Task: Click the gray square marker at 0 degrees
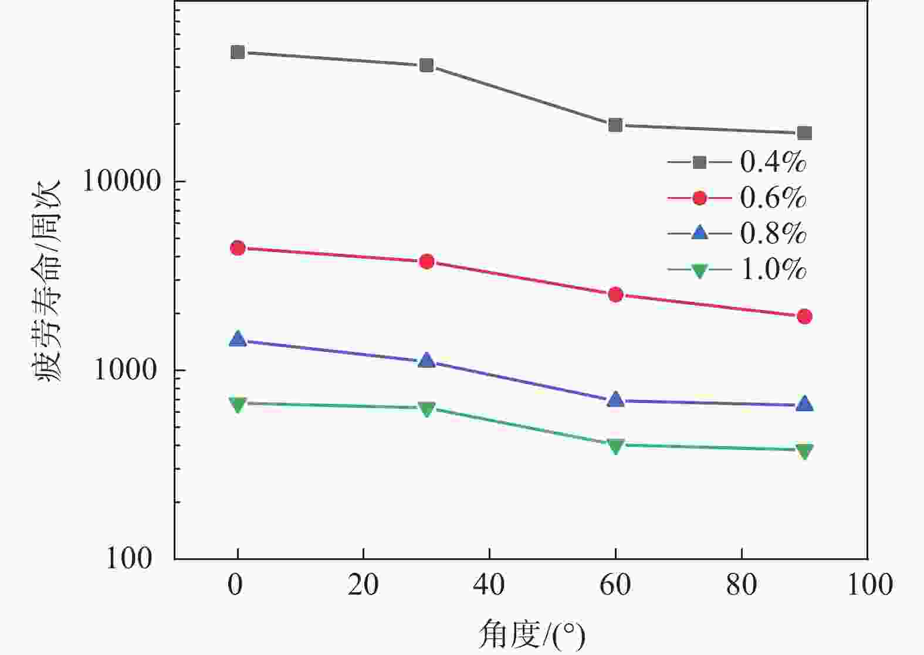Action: [238, 52]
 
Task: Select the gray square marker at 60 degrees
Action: [615, 125]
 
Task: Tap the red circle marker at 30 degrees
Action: [427, 262]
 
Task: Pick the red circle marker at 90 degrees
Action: [804, 317]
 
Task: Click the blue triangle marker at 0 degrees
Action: [238, 339]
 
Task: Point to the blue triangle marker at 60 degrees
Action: [615, 400]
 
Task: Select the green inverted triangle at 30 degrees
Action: [427, 409]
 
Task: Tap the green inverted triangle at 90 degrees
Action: [804, 451]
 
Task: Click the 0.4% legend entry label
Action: [773, 162]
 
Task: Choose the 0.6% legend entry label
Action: [773, 198]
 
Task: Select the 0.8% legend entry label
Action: [773, 234]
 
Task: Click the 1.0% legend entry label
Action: [773, 270]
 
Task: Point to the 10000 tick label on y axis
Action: [121, 182]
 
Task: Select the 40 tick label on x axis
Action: [489, 585]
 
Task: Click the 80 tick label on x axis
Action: [742, 585]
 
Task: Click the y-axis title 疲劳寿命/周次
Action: [48, 281]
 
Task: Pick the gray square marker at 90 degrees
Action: [804, 133]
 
